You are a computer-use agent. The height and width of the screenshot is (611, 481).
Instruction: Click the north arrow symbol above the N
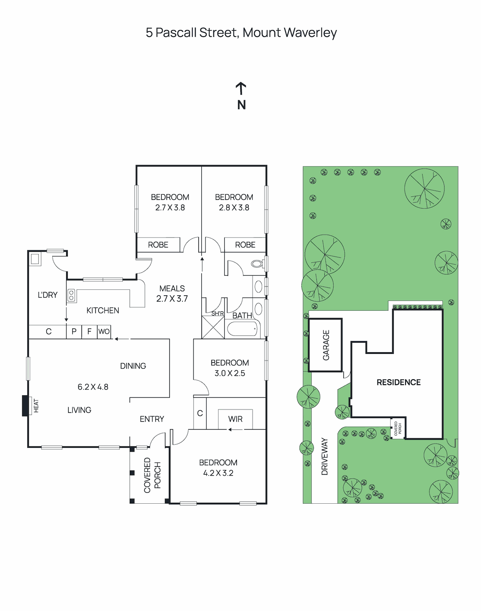pyautogui.click(x=240, y=89)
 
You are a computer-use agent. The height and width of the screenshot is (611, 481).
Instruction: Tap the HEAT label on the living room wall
pyautogui.click(x=36, y=406)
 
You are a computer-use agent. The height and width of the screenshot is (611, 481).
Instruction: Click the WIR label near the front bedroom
pyautogui.click(x=235, y=419)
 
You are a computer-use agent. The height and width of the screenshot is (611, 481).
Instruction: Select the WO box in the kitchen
pyautogui.click(x=104, y=331)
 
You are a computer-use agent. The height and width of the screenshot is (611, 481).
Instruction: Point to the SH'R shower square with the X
pyautogui.click(x=213, y=327)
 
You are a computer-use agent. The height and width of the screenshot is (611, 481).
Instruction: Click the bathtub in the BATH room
pyautogui.click(x=243, y=329)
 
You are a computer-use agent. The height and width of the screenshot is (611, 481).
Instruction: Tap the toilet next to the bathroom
pyautogui.click(x=257, y=263)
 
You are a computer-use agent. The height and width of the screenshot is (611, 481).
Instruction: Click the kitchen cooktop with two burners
pyautogui.click(x=71, y=295)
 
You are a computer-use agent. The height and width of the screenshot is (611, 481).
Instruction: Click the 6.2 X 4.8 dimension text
pyautogui.click(x=93, y=387)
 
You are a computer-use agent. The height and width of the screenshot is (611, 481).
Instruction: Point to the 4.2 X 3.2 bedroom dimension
pyautogui.click(x=218, y=473)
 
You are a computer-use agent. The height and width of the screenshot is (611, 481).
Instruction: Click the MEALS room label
pyautogui.click(x=172, y=289)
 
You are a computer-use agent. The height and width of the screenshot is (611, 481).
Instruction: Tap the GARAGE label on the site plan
pyautogui.click(x=326, y=345)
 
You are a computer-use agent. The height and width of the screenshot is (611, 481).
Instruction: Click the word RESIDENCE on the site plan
pyautogui.click(x=399, y=382)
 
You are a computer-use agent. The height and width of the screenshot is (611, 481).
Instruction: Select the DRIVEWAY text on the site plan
pyautogui.click(x=325, y=456)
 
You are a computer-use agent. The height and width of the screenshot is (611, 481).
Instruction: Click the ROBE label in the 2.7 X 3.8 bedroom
pyautogui.click(x=158, y=245)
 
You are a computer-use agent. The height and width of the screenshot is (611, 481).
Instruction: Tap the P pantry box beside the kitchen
pyautogui.click(x=74, y=331)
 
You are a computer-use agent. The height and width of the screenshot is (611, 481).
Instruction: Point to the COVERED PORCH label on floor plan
pyautogui.click(x=152, y=475)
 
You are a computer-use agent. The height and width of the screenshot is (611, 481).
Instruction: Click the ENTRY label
pyautogui.click(x=152, y=419)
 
